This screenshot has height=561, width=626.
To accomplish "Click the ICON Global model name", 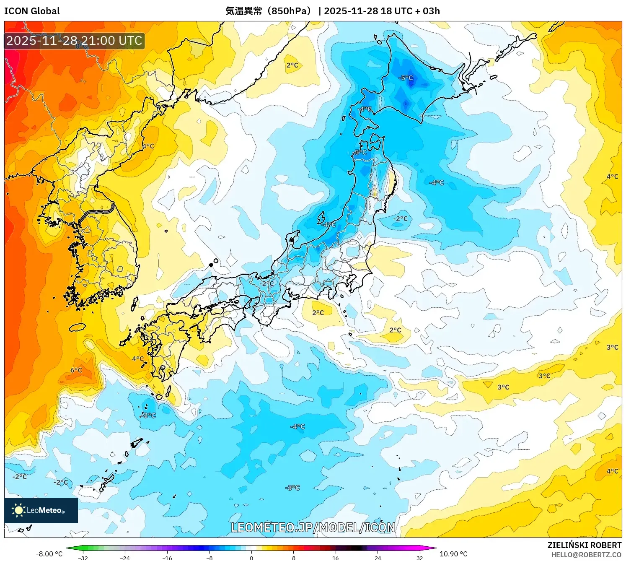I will (32, 11).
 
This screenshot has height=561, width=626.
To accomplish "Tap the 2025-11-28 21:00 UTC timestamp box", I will (74, 41).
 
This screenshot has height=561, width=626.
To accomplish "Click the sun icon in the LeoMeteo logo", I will (18, 510).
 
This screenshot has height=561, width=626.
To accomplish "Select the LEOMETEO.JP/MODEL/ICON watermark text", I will (313, 527).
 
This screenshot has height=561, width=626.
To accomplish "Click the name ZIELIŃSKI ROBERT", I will (584, 545).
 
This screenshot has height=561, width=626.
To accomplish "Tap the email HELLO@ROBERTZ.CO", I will (586, 555).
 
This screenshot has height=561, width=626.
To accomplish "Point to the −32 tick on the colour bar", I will (83, 558).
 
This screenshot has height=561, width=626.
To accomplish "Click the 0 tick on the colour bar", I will (251, 558).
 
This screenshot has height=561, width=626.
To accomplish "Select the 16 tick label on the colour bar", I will (335, 558).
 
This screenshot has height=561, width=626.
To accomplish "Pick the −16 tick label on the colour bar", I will (167, 558).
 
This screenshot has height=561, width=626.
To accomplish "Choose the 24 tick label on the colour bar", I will (378, 558).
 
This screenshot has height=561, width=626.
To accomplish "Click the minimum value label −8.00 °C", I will (49, 554).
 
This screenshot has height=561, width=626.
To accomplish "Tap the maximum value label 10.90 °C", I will (453, 554).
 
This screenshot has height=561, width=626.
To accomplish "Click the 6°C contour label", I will (76, 370).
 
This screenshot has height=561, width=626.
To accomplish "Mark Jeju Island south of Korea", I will (77, 327).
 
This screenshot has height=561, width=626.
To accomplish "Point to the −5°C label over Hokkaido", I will (406, 78).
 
